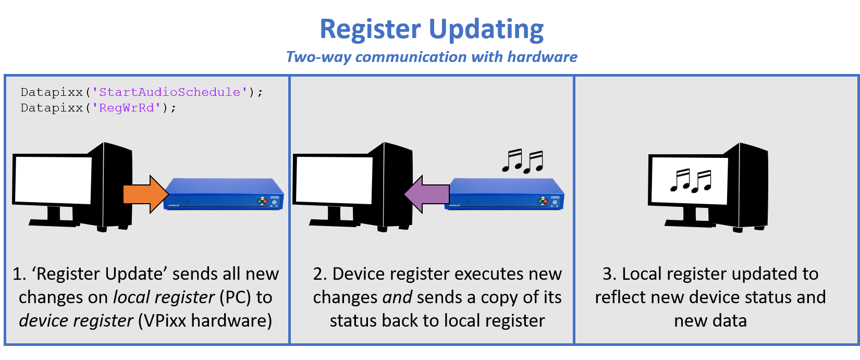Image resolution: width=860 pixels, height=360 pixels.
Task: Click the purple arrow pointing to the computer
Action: pyautogui.click(x=426, y=194)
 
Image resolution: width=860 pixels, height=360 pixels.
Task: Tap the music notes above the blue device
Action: pyautogui.click(x=522, y=161)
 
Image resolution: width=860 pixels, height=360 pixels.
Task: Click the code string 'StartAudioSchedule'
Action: pyautogui.click(x=170, y=92)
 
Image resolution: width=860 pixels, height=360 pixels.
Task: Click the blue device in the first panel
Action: pyautogui.click(x=224, y=194)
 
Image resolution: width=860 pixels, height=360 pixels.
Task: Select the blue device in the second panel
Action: pyautogui.click(x=505, y=194)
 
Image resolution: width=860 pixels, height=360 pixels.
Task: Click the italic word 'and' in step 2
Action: pyautogui.click(x=397, y=297)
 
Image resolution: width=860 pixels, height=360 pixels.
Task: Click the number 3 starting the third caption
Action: pyautogui.click(x=608, y=274)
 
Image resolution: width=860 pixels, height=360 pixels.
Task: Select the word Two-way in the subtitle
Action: pyautogui.click(x=318, y=57)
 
